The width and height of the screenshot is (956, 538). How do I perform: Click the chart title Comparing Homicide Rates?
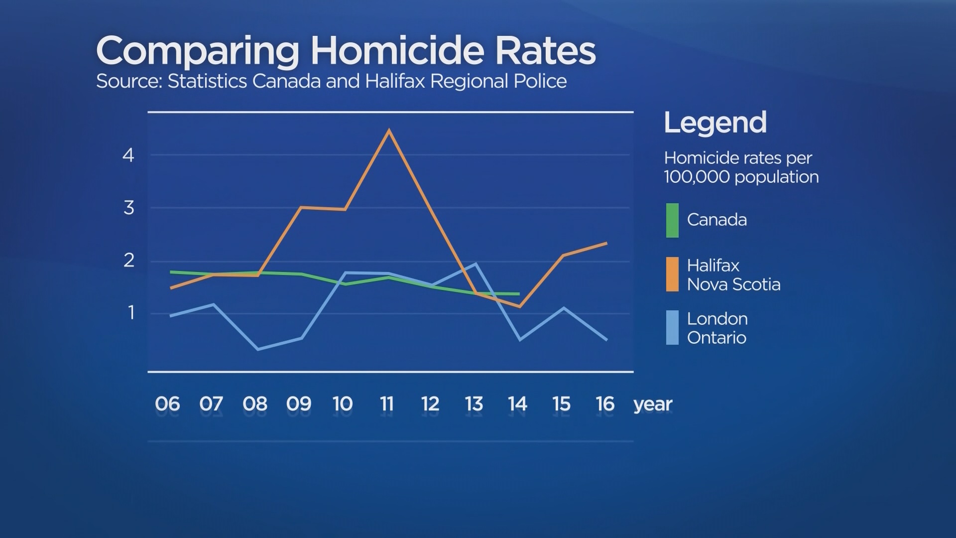tap(346, 51)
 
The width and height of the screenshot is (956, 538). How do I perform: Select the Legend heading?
tap(715, 123)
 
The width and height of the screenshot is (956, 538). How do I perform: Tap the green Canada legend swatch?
tap(672, 220)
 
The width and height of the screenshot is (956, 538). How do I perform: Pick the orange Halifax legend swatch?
tap(672, 274)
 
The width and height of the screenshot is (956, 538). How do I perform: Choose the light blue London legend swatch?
tap(672, 327)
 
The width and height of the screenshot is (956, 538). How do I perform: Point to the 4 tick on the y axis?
tap(128, 155)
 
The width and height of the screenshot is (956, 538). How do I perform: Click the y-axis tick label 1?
tap(131, 313)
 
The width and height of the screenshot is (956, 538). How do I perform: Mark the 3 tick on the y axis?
tap(129, 208)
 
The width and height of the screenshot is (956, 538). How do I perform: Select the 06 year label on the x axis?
tap(167, 404)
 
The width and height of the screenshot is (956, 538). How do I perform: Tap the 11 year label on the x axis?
tap(386, 404)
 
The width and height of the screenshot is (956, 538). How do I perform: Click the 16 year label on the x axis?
tap(605, 404)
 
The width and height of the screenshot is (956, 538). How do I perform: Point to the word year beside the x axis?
tap(653, 404)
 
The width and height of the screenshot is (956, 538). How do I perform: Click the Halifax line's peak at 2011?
tap(389, 131)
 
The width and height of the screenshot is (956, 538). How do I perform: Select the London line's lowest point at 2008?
tap(258, 349)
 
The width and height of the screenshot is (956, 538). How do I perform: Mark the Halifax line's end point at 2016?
tap(606, 243)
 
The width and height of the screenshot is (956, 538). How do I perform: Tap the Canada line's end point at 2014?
tap(519, 294)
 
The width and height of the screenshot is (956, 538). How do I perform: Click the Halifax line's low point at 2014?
tap(519, 307)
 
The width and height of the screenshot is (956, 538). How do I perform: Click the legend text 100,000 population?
tap(741, 177)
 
